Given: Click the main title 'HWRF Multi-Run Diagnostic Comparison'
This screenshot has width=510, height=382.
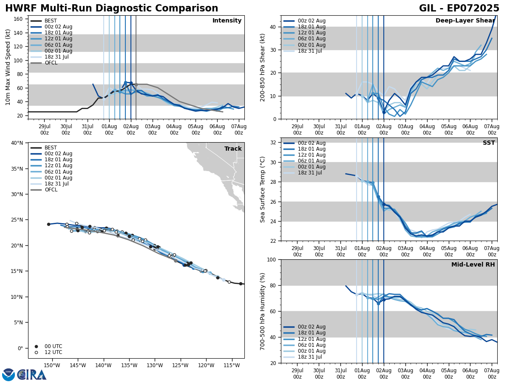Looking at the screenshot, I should click(x=111, y=8).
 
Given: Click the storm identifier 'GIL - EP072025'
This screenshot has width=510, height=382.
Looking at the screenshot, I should click(x=459, y=8).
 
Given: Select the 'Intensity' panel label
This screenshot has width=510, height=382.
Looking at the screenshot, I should click(x=227, y=21).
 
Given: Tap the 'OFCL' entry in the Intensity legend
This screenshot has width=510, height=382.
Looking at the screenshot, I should click(x=51, y=63).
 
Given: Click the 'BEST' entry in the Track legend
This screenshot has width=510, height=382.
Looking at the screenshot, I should click(x=51, y=148).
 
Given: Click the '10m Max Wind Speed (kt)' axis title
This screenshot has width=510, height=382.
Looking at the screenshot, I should click(x=8, y=67).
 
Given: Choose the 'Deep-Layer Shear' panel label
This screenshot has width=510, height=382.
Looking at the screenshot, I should click(x=465, y=21).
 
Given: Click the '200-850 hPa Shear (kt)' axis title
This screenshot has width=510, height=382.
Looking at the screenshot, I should click(x=263, y=67).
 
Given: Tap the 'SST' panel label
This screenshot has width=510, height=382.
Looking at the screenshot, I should click(x=489, y=143).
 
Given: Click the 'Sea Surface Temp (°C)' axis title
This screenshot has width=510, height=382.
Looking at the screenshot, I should click(x=263, y=189).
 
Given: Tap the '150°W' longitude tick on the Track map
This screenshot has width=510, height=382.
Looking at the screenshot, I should click(x=51, y=365).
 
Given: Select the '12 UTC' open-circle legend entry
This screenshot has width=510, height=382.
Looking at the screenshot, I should click(x=53, y=352).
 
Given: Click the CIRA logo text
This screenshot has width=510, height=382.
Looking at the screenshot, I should click(x=31, y=374).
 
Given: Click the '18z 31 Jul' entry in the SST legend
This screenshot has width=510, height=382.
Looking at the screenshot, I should click(x=310, y=173).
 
